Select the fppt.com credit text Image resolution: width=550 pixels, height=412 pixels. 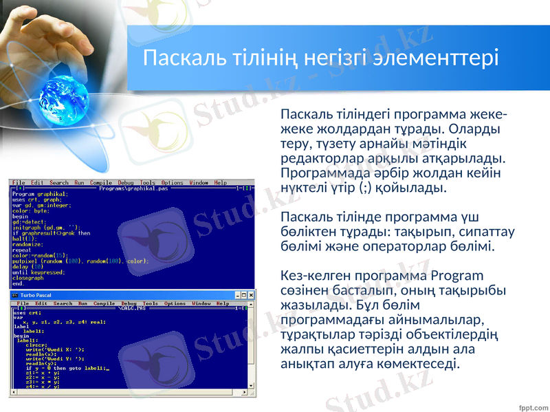(533, 405)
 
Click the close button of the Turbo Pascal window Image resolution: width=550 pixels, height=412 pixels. (251, 295)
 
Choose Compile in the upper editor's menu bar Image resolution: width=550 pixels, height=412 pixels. (100, 182)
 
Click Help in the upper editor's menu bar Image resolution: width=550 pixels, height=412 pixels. (220, 182)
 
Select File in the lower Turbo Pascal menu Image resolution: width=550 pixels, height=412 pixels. (23, 303)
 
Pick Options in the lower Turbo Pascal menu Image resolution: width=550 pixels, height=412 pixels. (175, 303)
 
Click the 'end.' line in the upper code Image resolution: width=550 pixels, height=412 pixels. (18, 283)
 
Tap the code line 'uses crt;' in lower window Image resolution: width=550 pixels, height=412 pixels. (27, 313)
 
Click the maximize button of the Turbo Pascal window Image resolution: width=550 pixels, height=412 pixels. (244, 295)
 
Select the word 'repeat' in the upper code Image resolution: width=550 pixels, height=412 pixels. (22, 250)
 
